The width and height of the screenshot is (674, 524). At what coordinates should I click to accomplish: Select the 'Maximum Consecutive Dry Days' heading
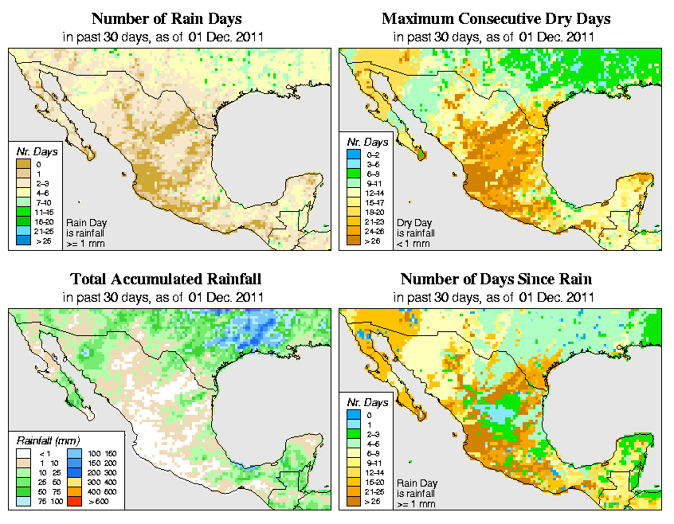pos(496,18)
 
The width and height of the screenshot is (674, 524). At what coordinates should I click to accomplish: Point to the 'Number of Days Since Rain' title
pos(496,280)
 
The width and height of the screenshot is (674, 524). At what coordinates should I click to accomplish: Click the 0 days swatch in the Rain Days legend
pos(22,163)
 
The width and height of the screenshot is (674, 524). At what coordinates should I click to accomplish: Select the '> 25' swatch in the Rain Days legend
pos(22,240)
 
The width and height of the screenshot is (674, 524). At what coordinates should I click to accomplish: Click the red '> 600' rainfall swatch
pos(71,503)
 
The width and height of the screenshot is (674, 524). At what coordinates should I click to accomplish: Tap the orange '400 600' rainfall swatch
pos(71,494)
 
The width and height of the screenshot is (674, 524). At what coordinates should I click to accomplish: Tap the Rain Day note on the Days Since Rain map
pos(417,493)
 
